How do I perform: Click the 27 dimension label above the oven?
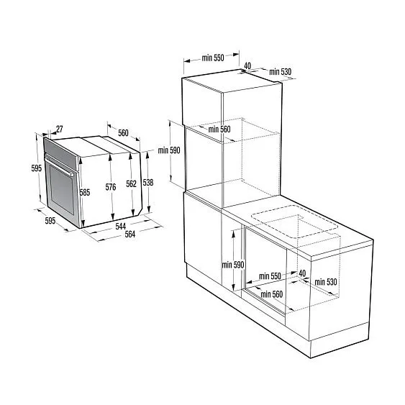59,130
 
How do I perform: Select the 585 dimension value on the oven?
85,193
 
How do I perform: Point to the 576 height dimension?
110,188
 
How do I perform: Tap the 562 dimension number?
131,184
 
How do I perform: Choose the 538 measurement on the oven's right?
147,183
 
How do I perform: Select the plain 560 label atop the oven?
123,133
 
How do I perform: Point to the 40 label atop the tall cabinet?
247,66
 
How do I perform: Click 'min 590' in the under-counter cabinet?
234,265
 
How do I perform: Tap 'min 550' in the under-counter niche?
270,276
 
